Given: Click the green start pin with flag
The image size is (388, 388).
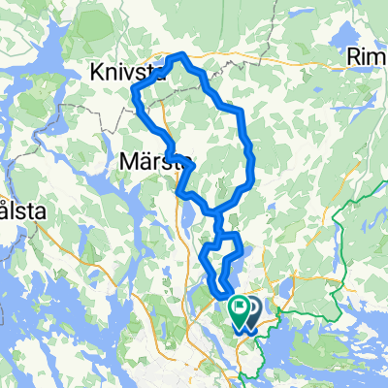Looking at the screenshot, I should [238, 311].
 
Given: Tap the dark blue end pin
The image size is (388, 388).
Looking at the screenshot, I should [250, 311].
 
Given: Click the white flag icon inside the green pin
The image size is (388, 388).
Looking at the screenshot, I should [238, 309].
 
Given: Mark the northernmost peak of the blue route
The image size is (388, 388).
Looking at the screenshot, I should [181, 54].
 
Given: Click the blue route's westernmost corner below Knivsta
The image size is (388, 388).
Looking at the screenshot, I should [133, 89].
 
